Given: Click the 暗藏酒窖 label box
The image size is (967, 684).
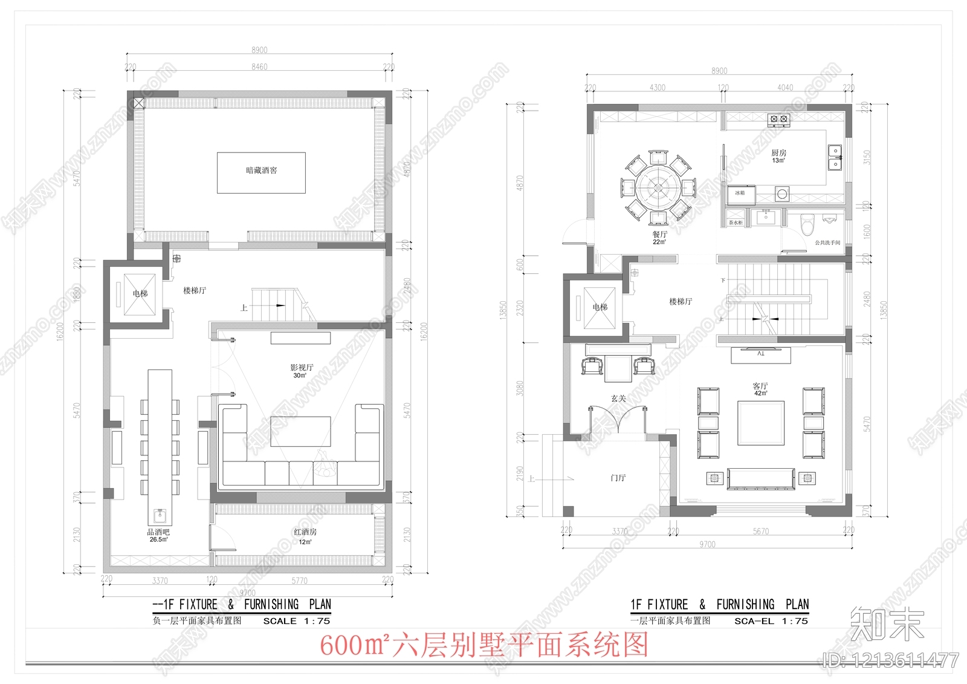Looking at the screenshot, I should click(261, 172).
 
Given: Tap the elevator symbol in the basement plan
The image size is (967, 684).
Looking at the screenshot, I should click(140, 294).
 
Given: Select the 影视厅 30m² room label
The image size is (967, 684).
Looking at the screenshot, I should click(301, 371).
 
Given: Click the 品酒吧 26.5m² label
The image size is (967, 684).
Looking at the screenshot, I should click(158, 535).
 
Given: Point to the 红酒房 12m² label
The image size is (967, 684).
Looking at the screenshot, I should click(305, 536).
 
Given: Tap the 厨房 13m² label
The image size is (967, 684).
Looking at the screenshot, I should click(778, 156).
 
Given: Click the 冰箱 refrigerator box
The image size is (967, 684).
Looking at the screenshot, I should click(740, 194).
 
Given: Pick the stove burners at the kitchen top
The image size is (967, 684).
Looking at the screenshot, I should click(778, 119).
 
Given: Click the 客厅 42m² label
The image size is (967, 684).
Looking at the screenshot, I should click(760, 389).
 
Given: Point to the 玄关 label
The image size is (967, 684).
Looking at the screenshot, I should click(618, 399).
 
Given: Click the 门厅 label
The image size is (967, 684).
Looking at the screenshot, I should click(618, 478).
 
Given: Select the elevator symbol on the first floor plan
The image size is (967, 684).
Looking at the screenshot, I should click(600, 308).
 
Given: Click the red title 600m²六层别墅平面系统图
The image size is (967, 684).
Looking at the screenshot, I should click(483, 645).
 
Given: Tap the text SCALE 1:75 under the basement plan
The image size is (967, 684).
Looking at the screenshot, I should click(297, 621).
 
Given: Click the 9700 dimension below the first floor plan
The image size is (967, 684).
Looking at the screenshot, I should click(707, 544).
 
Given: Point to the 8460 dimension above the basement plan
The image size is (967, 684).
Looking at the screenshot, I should click(259, 67).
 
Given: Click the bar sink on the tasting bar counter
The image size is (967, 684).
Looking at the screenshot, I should click(160, 516).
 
